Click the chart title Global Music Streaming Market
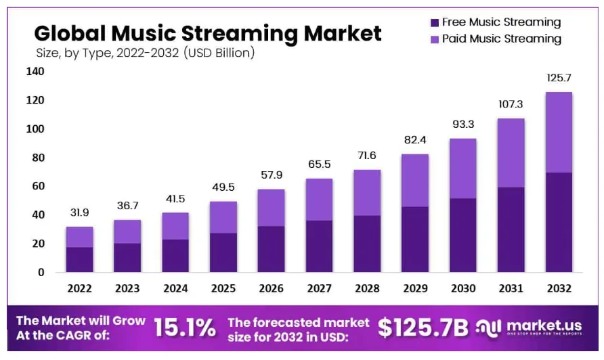(x=208, y=32)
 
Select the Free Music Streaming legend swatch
(x=435, y=22)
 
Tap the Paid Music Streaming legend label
(x=501, y=39)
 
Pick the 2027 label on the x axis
(x=320, y=288)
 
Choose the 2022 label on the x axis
(x=79, y=288)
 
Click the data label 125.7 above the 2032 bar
(x=559, y=78)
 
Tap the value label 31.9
(x=79, y=213)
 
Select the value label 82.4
(x=415, y=141)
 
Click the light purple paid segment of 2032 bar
(x=559, y=132)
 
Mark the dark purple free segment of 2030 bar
(x=463, y=235)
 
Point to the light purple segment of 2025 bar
(x=223, y=217)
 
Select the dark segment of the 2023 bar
(x=127, y=257)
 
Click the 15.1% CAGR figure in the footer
(x=185, y=328)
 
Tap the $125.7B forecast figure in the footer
(x=423, y=328)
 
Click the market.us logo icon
(x=488, y=328)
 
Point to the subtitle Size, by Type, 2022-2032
(x=145, y=52)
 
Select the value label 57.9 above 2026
(x=272, y=175)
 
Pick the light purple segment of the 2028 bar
(x=367, y=193)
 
